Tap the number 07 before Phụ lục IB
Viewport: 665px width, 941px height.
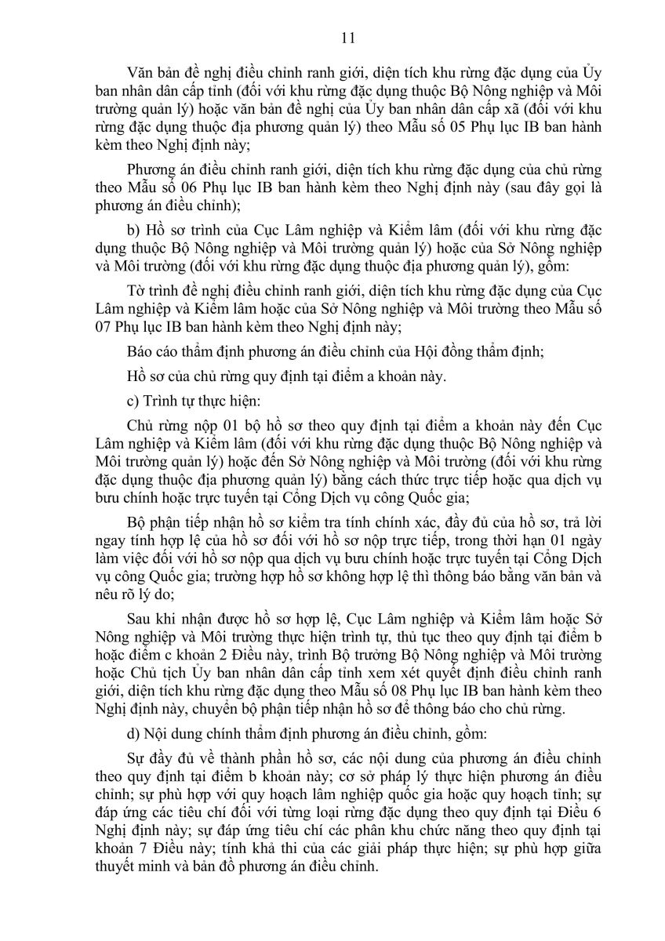click(100, 325)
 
